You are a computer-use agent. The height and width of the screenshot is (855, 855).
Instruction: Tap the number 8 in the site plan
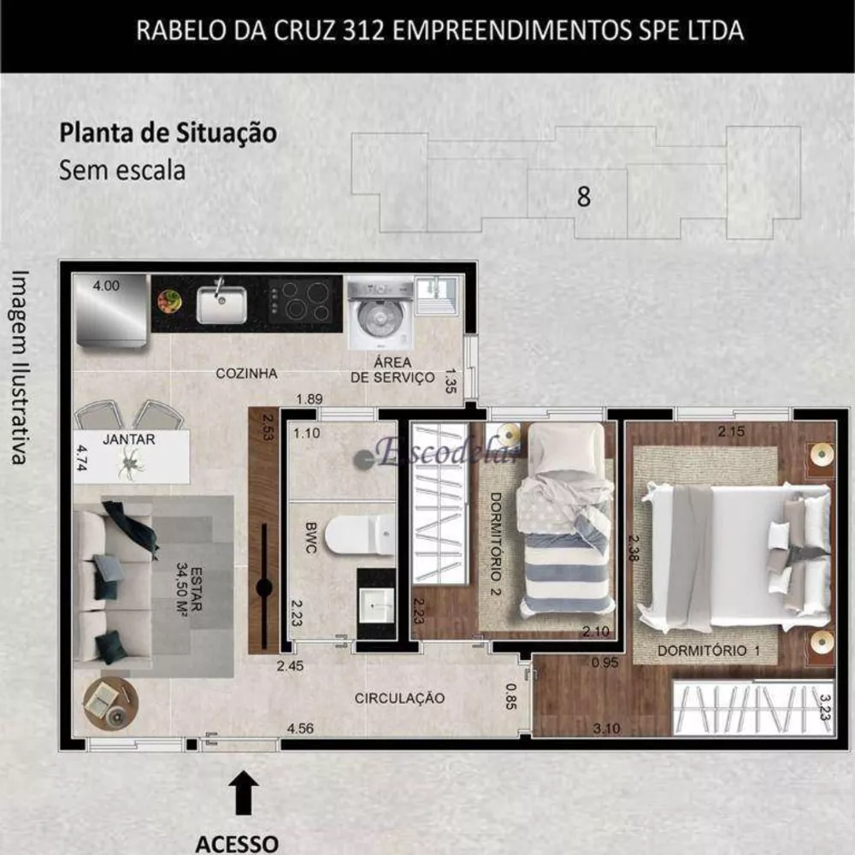click(584, 197)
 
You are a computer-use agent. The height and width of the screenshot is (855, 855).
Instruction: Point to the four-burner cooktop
click(300, 300)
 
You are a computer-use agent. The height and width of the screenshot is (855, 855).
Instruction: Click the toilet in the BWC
click(361, 534)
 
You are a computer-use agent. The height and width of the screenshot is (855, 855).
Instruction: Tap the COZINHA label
click(246, 374)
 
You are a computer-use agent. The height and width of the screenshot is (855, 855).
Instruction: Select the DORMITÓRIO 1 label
click(709, 651)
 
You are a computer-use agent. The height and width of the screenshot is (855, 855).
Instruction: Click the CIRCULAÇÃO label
click(399, 699)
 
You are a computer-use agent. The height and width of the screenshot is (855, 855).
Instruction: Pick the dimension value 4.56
click(299, 728)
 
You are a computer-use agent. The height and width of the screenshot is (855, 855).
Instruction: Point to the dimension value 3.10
click(606, 728)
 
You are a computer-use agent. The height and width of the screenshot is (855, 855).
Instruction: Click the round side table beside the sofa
click(110, 703)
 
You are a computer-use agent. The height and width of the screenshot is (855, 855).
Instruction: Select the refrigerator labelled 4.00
click(110, 311)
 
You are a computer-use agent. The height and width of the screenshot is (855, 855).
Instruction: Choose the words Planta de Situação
click(168, 134)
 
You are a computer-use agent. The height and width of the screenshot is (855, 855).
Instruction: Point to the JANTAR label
click(128, 439)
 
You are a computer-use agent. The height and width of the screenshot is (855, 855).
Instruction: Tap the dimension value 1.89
click(309, 399)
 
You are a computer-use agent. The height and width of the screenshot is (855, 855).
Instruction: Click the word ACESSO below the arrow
click(237, 844)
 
